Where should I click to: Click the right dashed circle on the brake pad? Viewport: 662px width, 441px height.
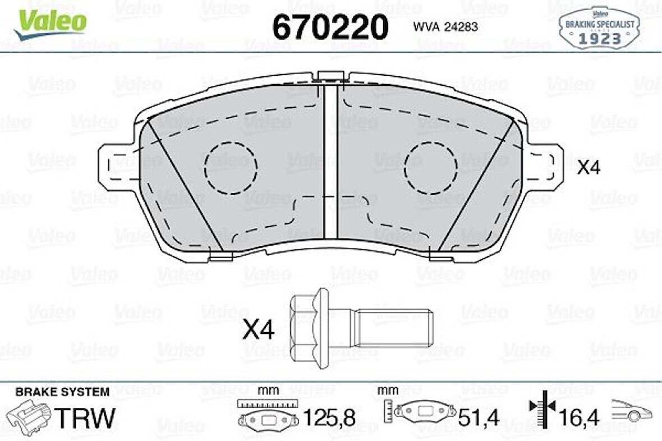tap(431, 167)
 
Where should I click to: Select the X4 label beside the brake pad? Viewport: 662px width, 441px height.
tap(589, 168)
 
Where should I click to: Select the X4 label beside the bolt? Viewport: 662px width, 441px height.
tap(258, 330)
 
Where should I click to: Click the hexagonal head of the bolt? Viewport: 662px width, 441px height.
tap(309, 328)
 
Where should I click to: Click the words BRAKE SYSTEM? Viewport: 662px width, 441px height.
tap(62, 392)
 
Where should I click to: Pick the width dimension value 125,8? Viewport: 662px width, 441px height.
tap(329, 417)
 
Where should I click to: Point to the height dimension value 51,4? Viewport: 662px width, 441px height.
tap(479, 417)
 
